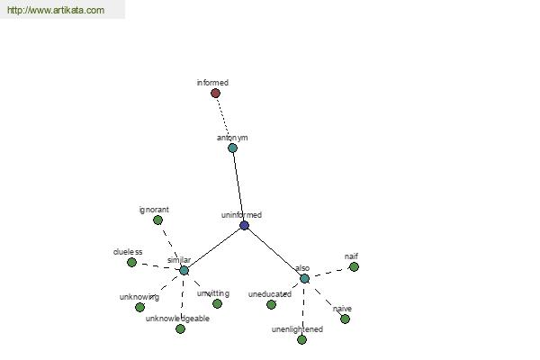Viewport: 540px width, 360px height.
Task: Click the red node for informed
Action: click(215, 93)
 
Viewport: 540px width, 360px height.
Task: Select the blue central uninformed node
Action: click(244, 226)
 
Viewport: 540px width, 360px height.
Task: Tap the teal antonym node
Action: click(232, 148)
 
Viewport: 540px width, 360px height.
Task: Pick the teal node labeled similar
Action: click(184, 270)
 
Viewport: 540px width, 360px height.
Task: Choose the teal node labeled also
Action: click(304, 278)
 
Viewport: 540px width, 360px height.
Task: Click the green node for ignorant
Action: click(157, 220)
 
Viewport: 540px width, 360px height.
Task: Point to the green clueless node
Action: click(131, 263)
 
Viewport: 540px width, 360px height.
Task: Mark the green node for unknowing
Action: click(139, 307)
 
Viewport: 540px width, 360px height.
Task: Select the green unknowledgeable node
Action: click(180, 329)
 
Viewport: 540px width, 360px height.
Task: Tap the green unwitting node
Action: click(217, 303)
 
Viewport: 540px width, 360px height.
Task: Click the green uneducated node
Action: click(271, 304)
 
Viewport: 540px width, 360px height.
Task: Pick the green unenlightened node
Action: click(301, 339)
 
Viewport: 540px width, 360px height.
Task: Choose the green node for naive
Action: click(345, 319)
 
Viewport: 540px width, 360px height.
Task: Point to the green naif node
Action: click(354, 267)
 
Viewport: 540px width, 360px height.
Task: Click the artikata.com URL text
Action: click(56, 10)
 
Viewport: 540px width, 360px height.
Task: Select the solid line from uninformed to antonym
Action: click(238, 186)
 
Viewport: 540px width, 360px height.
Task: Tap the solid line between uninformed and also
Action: click(274, 252)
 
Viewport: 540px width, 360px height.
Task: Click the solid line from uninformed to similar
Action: click(214, 248)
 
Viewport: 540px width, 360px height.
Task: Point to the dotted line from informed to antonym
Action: click(224, 121)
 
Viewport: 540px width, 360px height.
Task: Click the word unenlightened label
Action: click(297, 329)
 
